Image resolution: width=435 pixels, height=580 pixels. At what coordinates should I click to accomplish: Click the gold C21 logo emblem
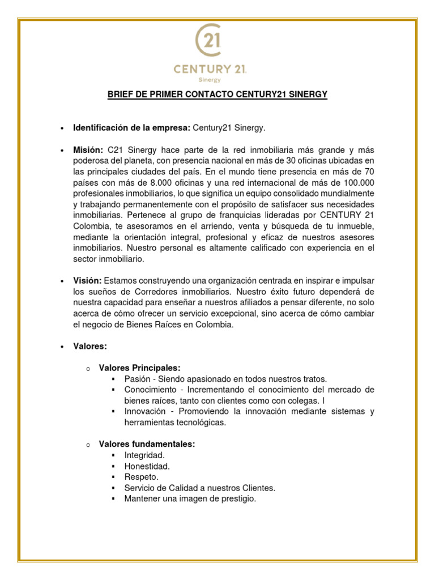[208, 41]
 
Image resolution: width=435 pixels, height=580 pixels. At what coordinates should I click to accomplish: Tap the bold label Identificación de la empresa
[131, 128]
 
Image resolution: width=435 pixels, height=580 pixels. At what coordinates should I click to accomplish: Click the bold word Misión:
[88, 150]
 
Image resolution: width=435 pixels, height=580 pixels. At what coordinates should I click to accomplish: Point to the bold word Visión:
[87, 281]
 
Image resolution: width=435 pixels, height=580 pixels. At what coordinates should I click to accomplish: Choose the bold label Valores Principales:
[139, 368]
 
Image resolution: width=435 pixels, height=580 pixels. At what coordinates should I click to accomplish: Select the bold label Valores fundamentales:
[147, 445]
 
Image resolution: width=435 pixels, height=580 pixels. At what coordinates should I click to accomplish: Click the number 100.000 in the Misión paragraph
[358, 182]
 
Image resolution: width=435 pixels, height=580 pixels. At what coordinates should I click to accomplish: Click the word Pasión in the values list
[138, 379]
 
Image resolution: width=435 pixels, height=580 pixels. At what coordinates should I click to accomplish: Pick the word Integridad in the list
[144, 455]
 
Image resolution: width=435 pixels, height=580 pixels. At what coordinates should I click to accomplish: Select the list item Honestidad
[147, 466]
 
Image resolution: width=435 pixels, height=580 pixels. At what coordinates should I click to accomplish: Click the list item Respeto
[141, 477]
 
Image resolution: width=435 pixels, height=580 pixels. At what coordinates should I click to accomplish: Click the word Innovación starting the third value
[146, 412]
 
